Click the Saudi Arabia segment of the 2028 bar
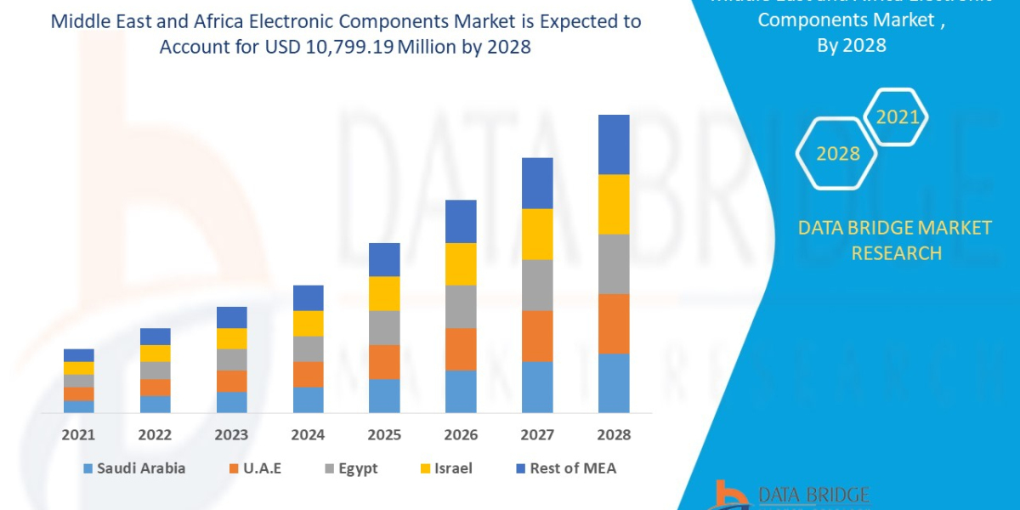tap(614, 382)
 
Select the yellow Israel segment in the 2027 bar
tap(537, 234)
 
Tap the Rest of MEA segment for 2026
tap(461, 221)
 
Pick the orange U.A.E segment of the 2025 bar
tap(384, 361)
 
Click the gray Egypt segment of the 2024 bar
tap(308, 348)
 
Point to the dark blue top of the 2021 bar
tap(79, 355)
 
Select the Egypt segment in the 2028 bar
tap(614, 263)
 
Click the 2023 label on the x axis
tap(231, 435)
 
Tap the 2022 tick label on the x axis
tap(155, 435)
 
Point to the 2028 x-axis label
tap(614, 435)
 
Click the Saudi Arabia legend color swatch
tap(88, 468)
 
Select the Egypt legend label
tap(358, 468)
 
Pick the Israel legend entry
tap(451, 468)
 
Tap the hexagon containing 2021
tap(897, 117)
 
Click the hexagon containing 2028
tap(837, 154)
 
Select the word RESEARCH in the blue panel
tap(896, 252)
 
